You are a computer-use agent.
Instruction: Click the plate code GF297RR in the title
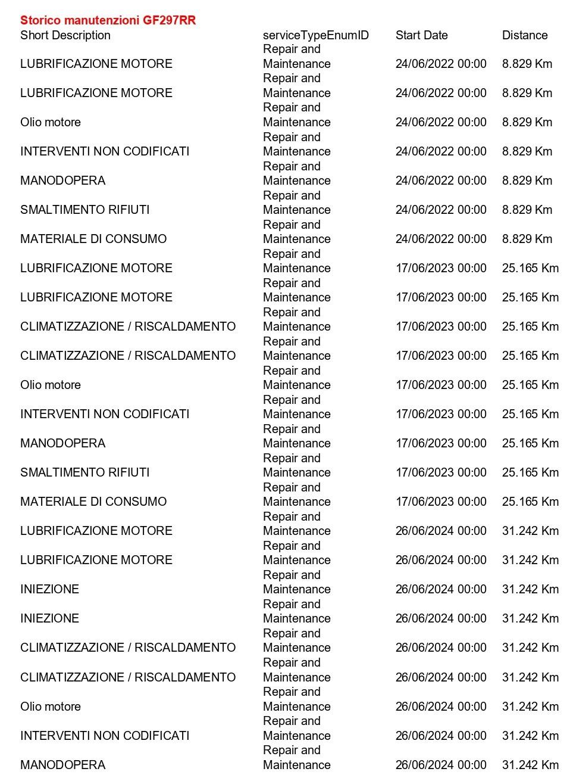point(169,20)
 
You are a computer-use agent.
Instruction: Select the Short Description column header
point(65,35)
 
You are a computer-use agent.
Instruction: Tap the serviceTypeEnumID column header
point(315,35)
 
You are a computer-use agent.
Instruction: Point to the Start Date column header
point(421,35)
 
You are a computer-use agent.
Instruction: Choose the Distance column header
point(524,35)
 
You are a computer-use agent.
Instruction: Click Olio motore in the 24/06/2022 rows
point(50,122)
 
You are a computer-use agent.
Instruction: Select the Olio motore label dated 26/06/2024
point(50,707)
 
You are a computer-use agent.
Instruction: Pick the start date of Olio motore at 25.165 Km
point(440,385)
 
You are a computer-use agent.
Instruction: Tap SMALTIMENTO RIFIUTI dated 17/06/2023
point(84,472)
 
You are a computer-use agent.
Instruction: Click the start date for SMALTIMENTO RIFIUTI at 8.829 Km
point(440,210)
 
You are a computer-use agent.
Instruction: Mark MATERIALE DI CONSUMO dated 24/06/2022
point(93,239)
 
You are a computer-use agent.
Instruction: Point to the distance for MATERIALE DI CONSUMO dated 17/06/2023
point(530,502)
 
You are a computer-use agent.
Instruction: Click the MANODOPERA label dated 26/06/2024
point(62,765)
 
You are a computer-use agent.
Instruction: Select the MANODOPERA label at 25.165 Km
point(62,443)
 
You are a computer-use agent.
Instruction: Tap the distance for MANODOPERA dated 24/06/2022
point(527,181)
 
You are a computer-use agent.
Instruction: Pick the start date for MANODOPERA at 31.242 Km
point(440,765)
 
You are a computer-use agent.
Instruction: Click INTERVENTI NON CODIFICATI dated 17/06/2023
point(105,414)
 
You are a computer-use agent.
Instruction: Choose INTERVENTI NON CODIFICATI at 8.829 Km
point(105,151)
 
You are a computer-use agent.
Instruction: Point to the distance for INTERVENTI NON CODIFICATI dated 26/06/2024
point(530,736)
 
